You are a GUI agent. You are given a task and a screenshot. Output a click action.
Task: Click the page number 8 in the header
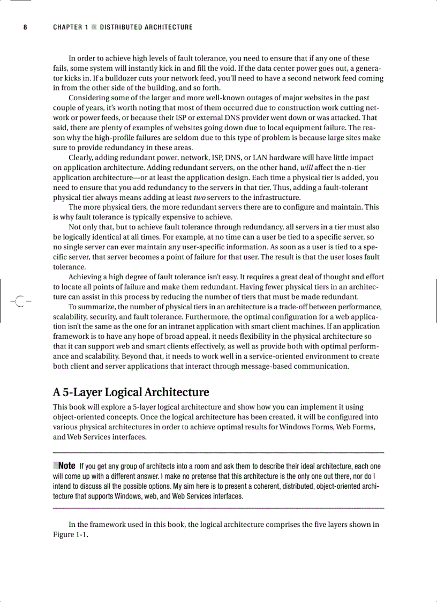point(25,27)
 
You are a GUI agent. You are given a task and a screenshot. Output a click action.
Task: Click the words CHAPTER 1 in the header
point(70,27)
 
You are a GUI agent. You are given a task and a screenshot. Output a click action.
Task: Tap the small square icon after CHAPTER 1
point(94,27)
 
